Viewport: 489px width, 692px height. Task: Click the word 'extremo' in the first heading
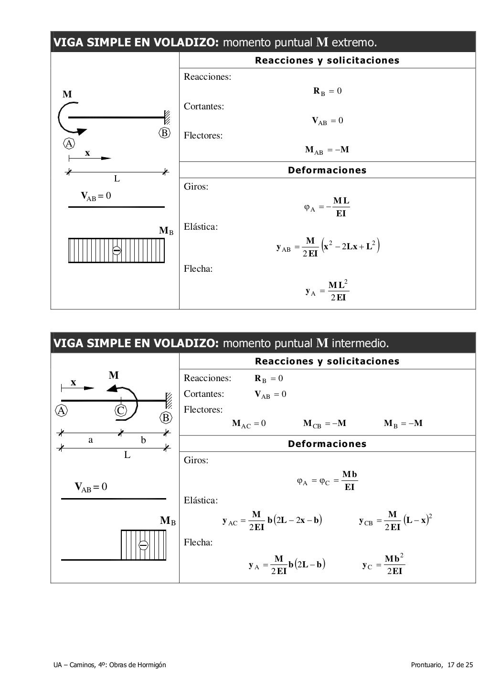(x=354, y=43)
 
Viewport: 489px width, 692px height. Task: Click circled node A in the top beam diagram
(x=69, y=143)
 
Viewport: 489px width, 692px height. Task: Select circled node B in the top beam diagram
(x=164, y=133)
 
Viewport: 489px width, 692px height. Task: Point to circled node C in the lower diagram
(x=121, y=411)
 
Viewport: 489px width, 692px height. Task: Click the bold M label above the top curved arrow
(x=67, y=95)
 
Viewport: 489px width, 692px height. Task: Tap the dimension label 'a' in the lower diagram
(x=91, y=440)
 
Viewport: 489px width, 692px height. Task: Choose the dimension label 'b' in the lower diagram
(x=143, y=440)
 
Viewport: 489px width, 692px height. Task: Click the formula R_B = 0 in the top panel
(x=327, y=91)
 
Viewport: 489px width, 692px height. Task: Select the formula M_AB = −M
(x=327, y=150)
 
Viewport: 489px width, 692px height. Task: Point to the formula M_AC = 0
(x=248, y=424)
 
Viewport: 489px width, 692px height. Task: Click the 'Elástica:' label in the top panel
(x=201, y=227)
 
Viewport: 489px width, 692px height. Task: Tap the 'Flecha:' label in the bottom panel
(x=198, y=543)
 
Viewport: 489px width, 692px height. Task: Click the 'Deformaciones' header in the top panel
(x=327, y=170)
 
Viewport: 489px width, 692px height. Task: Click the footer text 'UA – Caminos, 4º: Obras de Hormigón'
(x=110, y=665)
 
